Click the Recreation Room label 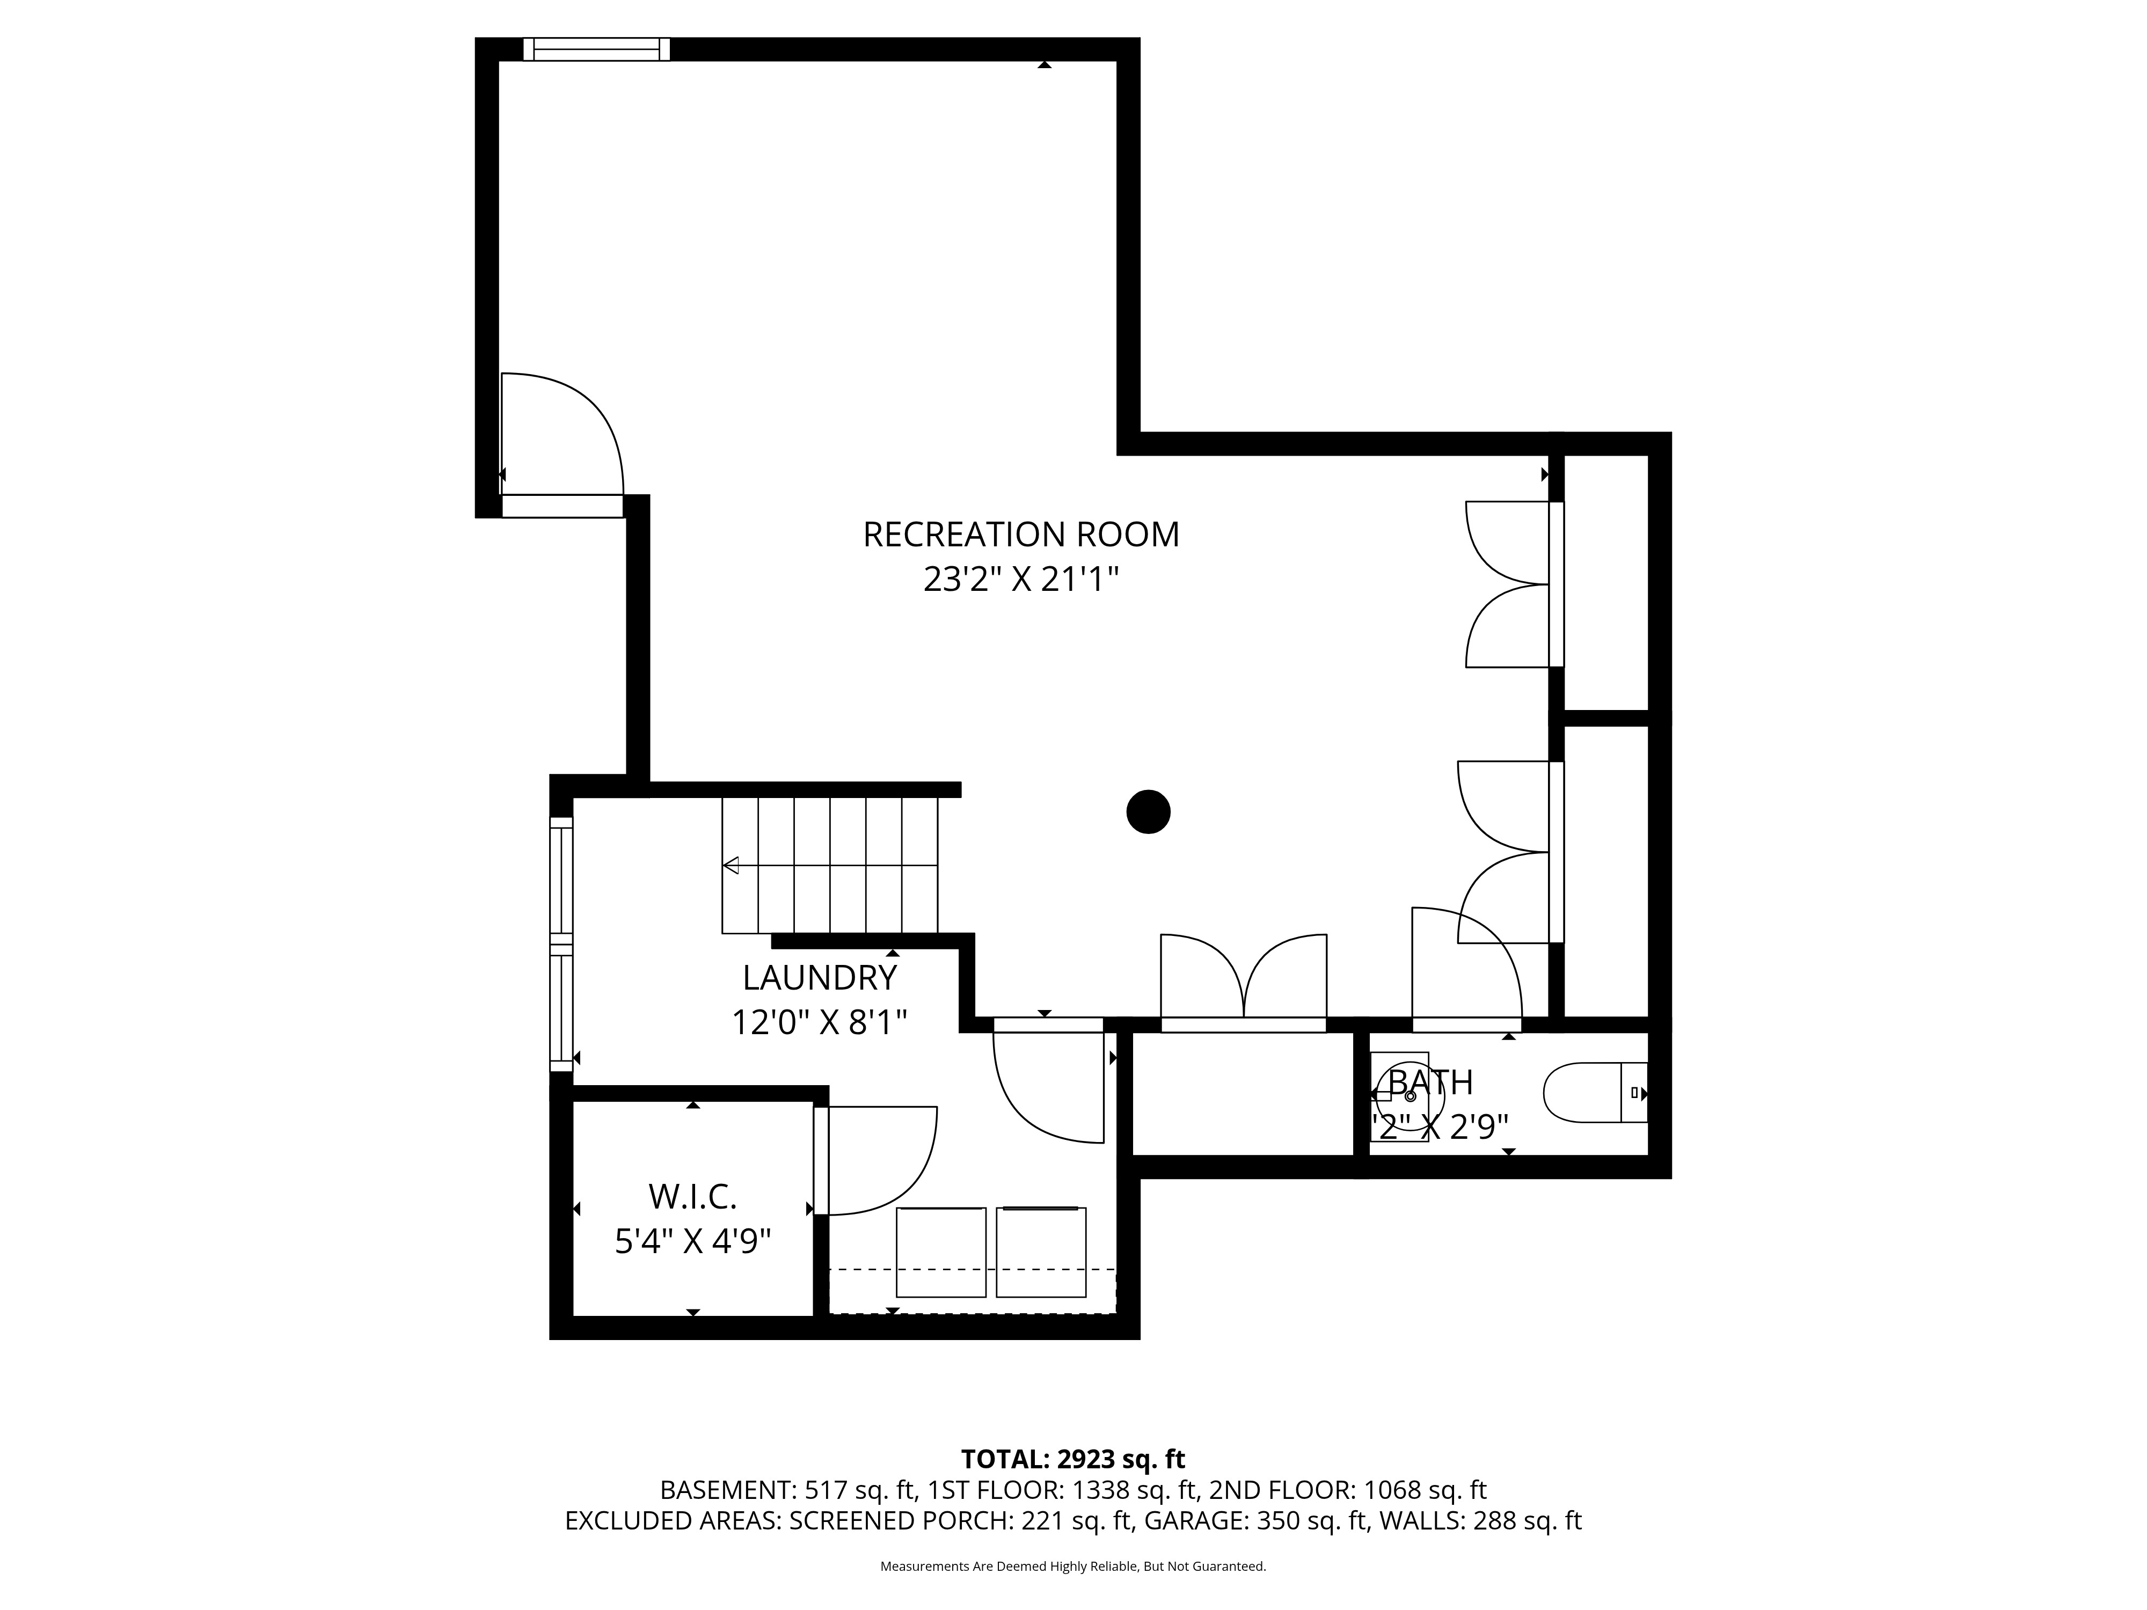[x=1021, y=535]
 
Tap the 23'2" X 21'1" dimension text [x=1021, y=580]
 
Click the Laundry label [x=820, y=977]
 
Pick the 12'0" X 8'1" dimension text [x=820, y=1022]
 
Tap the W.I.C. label [x=693, y=1197]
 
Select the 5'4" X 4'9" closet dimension [x=693, y=1241]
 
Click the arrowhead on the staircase [x=731, y=865]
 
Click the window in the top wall [x=596, y=49]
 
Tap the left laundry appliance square [x=940, y=1252]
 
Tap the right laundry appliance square [x=1041, y=1252]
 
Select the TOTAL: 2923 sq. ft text [x=1072, y=1459]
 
